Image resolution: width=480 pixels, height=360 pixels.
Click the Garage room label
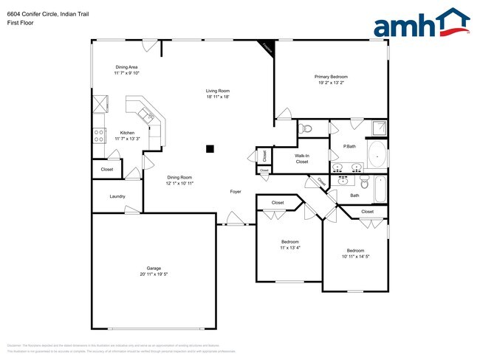click(x=154, y=268)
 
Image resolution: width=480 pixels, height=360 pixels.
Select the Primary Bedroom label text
click(x=331, y=77)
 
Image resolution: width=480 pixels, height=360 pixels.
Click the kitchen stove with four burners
click(x=97, y=136)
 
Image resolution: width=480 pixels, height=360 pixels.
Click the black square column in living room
click(x=210, y=148)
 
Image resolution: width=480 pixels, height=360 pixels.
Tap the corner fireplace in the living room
click(x=266, y=46)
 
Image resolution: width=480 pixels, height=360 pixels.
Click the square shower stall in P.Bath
click(x=379, y=128)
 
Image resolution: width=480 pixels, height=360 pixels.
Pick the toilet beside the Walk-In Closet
click(x=308, y=128)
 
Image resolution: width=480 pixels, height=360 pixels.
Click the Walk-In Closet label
click(x=302, y=159)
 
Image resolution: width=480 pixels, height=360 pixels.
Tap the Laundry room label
click(x=117, y=196)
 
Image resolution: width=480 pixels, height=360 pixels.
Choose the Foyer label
click(x=236, y=192)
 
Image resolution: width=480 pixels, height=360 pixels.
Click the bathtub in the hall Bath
click(x=380, y=190)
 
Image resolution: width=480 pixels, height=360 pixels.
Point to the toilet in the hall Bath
click(x=364, y=182)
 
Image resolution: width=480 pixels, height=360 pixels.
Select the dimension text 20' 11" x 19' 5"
click(x=154, y=274)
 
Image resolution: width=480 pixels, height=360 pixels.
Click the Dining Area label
click(x=127, y=67)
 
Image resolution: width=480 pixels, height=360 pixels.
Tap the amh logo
click(x=421, y=24)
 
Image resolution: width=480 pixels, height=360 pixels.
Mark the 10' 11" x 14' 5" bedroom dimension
click(x=355, y=256)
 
